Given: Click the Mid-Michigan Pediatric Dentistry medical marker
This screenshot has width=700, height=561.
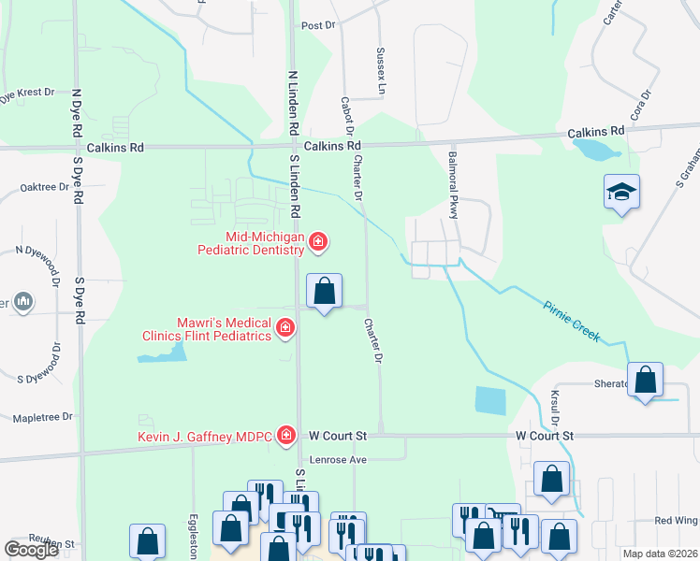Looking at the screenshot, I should pyautogui.click(x=318, y=242).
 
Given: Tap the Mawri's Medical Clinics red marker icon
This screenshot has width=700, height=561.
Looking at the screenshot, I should pyautogui.click(x=284, y=327).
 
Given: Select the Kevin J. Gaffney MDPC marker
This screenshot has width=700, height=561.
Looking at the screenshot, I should pyautogui.click(x=286, y=436).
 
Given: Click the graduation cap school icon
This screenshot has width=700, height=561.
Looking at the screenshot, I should pyautogui.click(x=621, y=192).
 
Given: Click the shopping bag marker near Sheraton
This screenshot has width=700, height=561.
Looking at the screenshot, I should pyautogui.click(x=645, y=380).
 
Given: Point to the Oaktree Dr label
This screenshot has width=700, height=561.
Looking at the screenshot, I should pyautogui.click(x=45, y=187).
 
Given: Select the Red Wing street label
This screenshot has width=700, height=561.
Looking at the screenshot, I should pyautogui.click(x=677, y=520).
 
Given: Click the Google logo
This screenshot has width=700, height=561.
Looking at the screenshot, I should pyautogui.click(x=32, y=550).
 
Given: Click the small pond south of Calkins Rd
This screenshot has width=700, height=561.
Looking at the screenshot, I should pyautogui.click(x=595, y=148).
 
